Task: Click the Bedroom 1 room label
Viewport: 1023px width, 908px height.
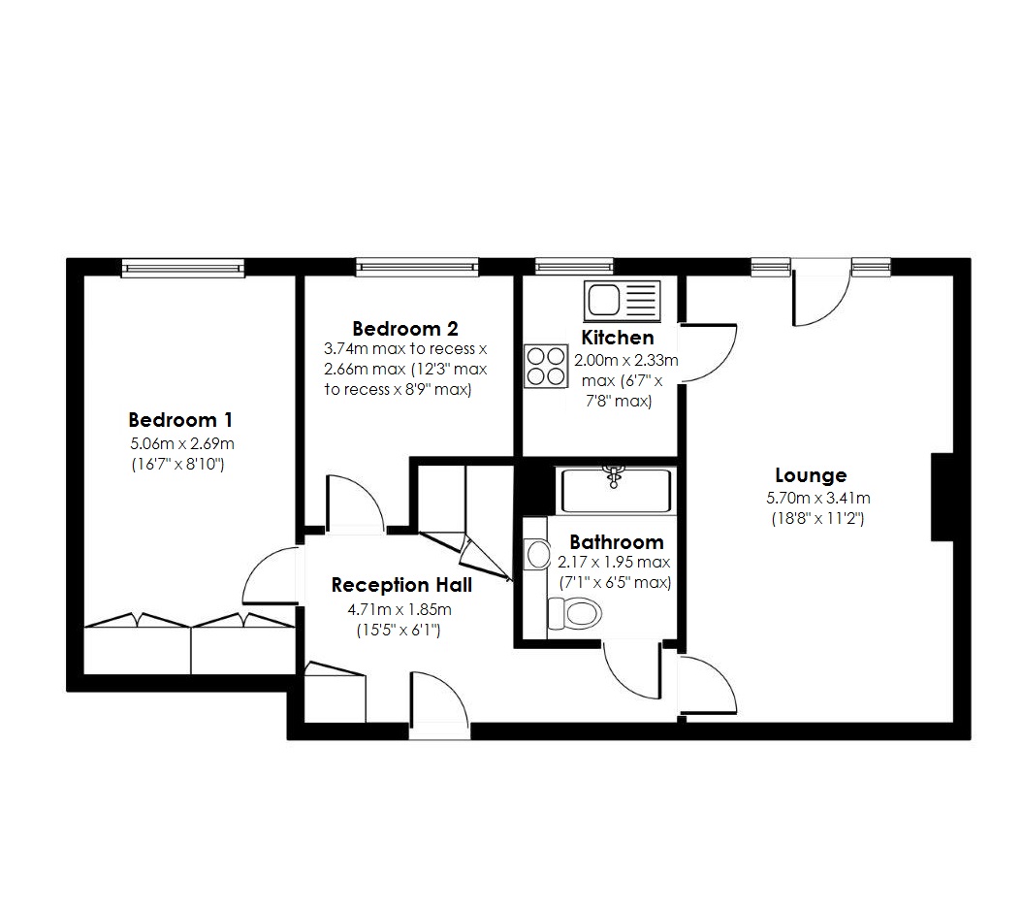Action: [180, 420]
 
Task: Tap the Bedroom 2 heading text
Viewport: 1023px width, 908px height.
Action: [404, 328]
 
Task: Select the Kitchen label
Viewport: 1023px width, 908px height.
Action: [618, 338]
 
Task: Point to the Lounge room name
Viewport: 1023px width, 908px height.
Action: [811, 475]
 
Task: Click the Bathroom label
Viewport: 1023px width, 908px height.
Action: [616, 542]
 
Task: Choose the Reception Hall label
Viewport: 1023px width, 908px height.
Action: [401, 585]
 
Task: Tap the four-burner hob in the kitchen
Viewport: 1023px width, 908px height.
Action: [545, 366]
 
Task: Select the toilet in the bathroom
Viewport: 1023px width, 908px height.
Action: [574, 614]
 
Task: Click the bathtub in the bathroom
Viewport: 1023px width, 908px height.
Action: [615, 491]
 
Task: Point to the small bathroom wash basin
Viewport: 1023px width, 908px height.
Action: [535, 555]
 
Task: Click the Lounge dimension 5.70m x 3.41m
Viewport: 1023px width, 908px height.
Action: [817, 499]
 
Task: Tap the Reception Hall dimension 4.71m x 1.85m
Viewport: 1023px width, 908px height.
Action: [400, 609]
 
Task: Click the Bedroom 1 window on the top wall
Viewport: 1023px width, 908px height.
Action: [181, 267]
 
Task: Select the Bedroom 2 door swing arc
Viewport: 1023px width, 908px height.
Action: [356, 503]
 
